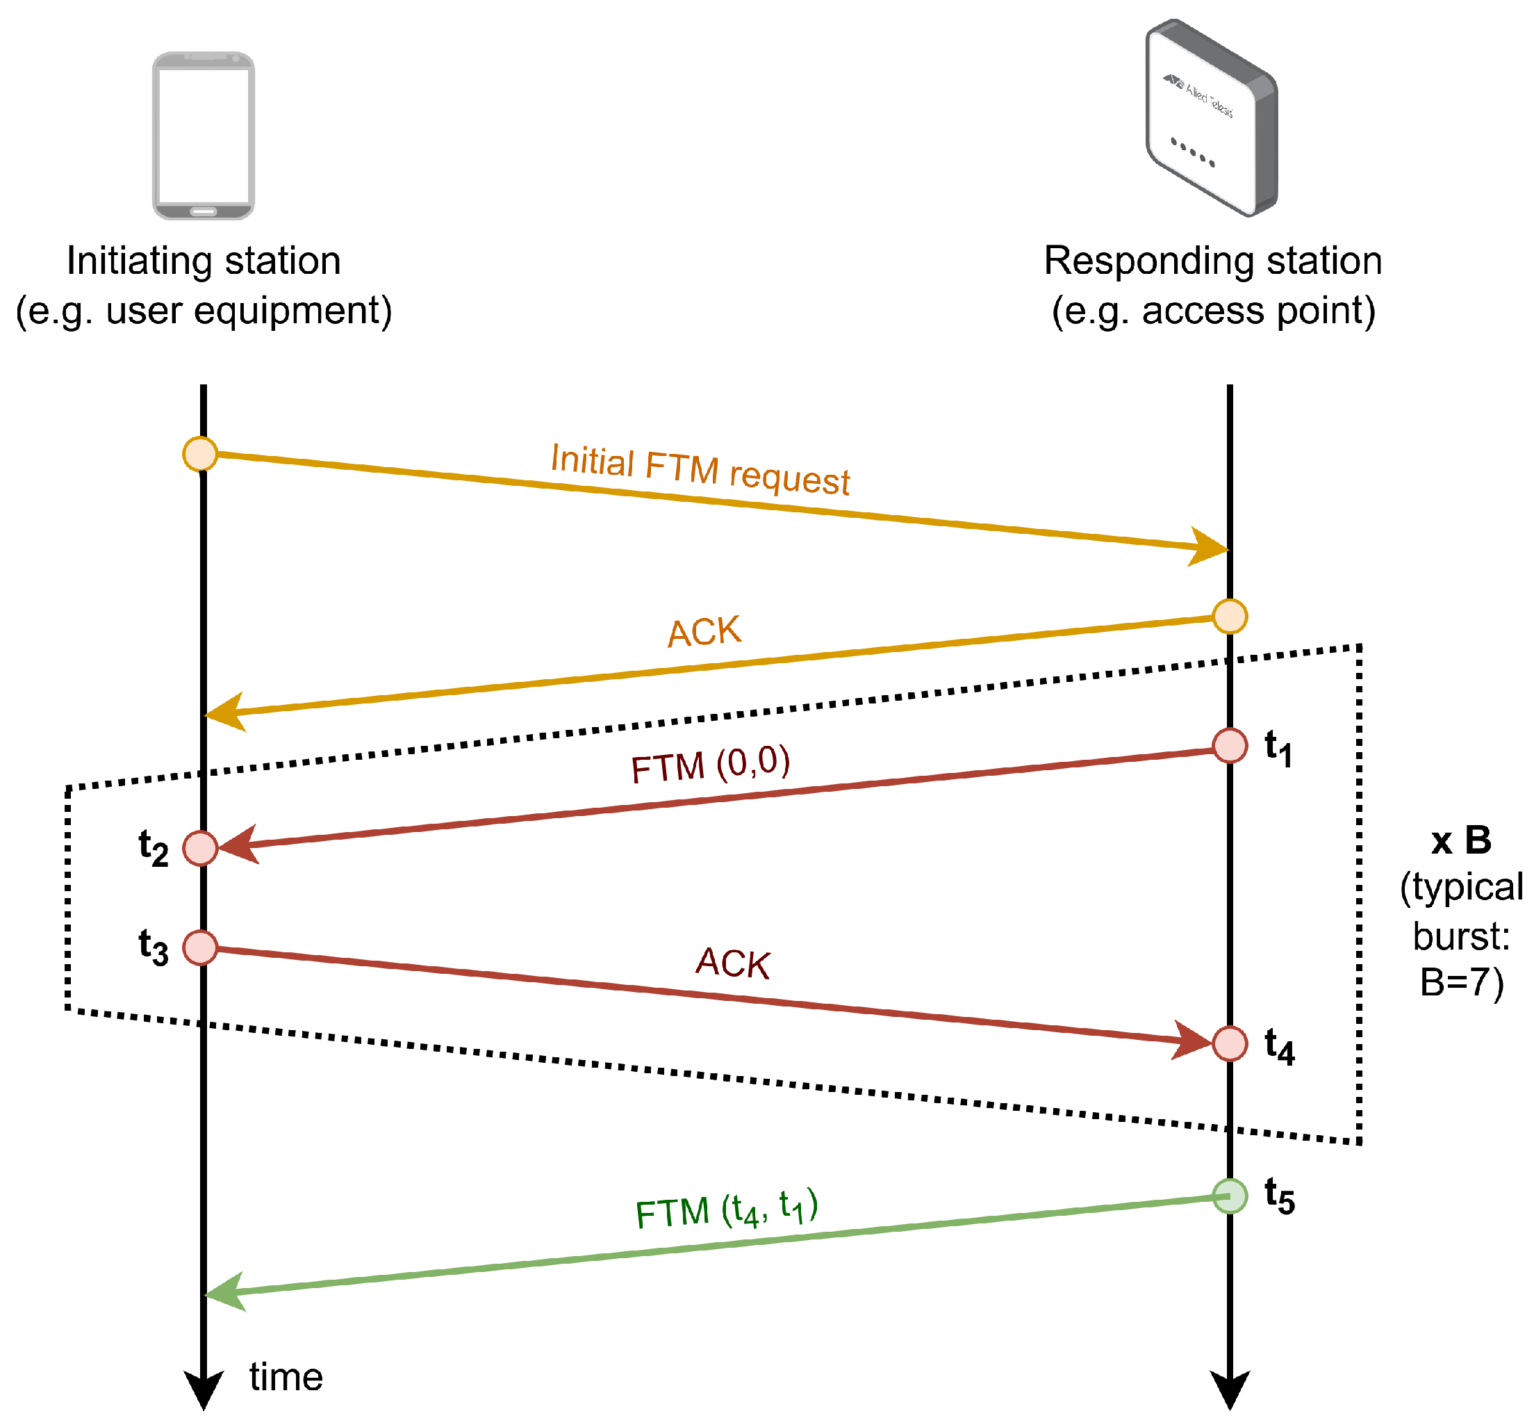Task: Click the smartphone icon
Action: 203,136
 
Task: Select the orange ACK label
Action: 704,633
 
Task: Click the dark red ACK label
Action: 732,963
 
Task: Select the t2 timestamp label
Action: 154,848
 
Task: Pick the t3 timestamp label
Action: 154,947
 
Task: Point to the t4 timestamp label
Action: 1280,1047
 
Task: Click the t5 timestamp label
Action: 1280,1197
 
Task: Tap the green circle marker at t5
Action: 1230,1196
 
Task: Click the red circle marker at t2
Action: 200,848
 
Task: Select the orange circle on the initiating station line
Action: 200,453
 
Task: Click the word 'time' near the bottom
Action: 286,1377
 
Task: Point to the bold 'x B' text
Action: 1461,840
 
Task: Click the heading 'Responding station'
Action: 1212,261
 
